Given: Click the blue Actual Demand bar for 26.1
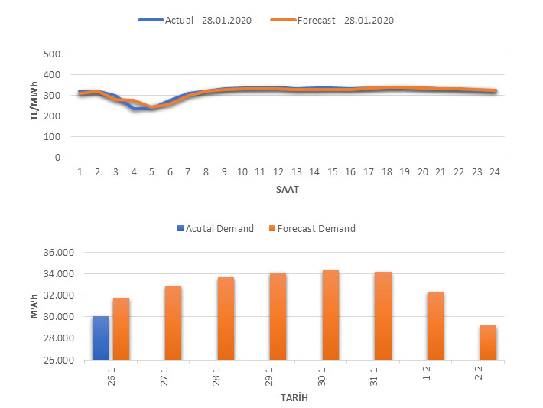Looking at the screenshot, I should [x=100, y=338].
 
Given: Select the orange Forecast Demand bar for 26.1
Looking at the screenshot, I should [x=121, y=328].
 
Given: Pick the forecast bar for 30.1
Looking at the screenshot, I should [x=330, y=315].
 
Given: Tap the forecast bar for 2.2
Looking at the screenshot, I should [x=488, y=342].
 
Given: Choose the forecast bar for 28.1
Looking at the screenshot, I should [x=226, y=318].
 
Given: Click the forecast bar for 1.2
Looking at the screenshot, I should [x=435, y=325].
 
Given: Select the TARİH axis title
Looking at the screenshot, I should [x=294, y=398].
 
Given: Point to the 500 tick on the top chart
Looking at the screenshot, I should [x=52, y=54].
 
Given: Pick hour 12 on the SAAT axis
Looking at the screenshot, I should [x=278, y=172].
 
